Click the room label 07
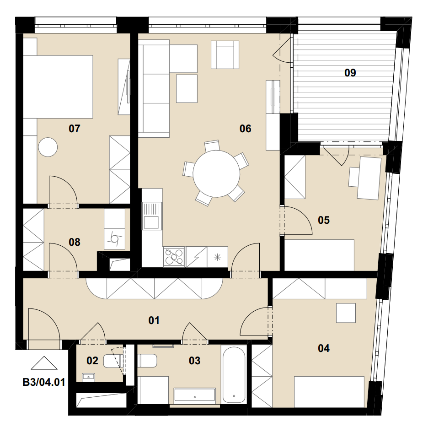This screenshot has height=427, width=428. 75,129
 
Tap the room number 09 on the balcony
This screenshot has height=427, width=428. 350,73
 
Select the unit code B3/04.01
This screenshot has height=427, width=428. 44,382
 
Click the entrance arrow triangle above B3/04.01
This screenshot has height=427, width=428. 44,363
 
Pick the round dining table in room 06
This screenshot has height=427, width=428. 216,173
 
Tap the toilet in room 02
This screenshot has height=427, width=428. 112,361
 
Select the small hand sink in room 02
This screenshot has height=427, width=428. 88,377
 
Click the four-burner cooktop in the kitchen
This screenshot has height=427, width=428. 174,257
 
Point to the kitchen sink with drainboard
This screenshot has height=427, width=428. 152,216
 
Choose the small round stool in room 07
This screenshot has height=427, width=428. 48,147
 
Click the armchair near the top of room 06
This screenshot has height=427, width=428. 225,54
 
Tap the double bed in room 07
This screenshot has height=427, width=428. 58,87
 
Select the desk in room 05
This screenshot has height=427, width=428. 369,178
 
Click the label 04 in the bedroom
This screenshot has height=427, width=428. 324,348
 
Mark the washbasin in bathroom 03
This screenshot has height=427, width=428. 195,395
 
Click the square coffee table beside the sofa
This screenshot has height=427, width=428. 187,88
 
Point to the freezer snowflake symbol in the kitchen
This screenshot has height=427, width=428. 217,257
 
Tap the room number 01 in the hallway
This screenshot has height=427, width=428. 154,320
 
